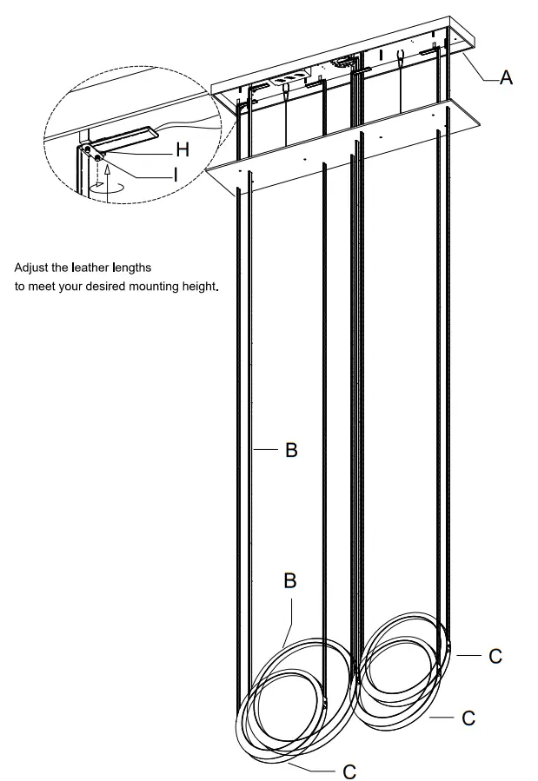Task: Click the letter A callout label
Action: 506,78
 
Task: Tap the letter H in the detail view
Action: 183,149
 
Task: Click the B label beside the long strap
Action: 291,450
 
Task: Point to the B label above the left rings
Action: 289,580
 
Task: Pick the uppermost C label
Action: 495,656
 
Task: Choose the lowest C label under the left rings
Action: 349,771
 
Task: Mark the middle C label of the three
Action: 468,718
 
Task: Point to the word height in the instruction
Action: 198,286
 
